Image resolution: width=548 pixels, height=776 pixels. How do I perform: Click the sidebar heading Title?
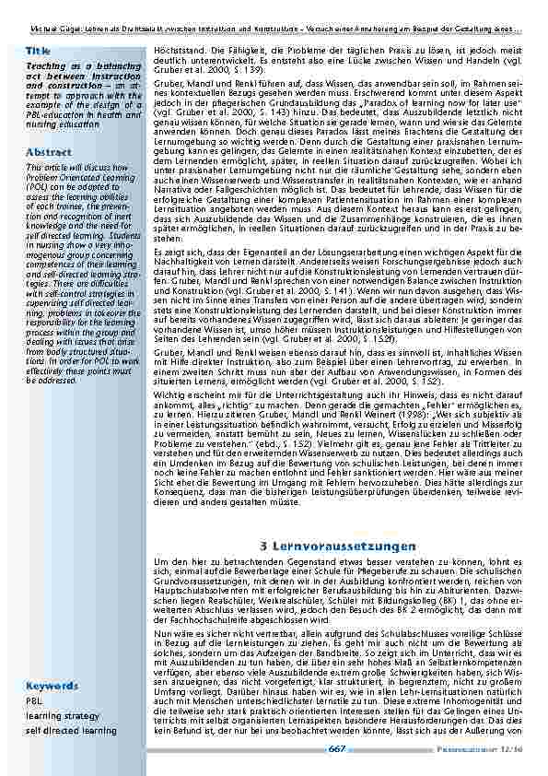38,50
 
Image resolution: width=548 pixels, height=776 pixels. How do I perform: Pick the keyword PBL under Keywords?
33,701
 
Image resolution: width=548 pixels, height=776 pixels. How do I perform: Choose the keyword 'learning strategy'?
63,716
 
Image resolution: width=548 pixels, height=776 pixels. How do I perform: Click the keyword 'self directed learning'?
71,731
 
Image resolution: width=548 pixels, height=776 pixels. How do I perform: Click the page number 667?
336,748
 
